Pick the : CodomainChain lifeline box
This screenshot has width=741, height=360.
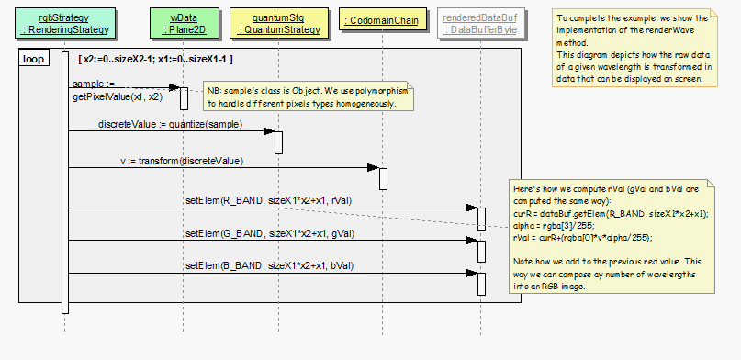pyautogui.click(x=382, y=21)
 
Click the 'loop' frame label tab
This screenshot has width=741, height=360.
pyautogui.click(x=35, y=59)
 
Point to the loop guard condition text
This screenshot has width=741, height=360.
pyautogui.click(x=155, y=59)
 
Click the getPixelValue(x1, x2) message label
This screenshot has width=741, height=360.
pyautogui.click(x=118, y=96)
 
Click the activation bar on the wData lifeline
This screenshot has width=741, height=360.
pyautogui.click(x=183, y=98)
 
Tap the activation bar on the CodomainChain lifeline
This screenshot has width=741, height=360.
pyautogui.click(x=383, y=178)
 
